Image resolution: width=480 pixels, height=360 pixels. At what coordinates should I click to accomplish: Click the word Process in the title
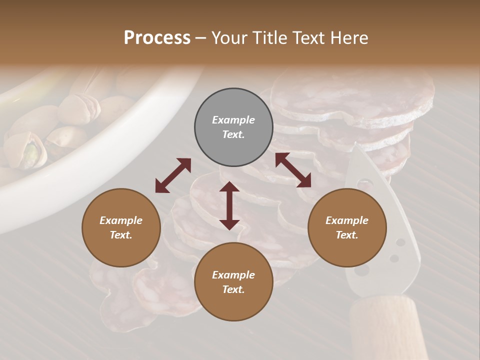(157, 38)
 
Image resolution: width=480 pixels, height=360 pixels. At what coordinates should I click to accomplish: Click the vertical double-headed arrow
(229, 205)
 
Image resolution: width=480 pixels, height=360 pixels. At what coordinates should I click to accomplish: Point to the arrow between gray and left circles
(173, 175)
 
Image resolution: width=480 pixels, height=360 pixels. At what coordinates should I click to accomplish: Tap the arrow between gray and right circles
(293, 170)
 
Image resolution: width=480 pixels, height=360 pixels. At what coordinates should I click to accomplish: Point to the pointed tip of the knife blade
(356, 146)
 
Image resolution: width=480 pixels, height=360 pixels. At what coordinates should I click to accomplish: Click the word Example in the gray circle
(233, 120)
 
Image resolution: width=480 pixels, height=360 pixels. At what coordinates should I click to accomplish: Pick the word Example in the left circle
(121, 220)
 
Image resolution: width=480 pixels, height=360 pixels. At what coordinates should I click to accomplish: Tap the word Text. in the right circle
(347, 235)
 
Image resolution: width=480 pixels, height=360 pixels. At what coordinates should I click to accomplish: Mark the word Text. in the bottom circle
(233, 289)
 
